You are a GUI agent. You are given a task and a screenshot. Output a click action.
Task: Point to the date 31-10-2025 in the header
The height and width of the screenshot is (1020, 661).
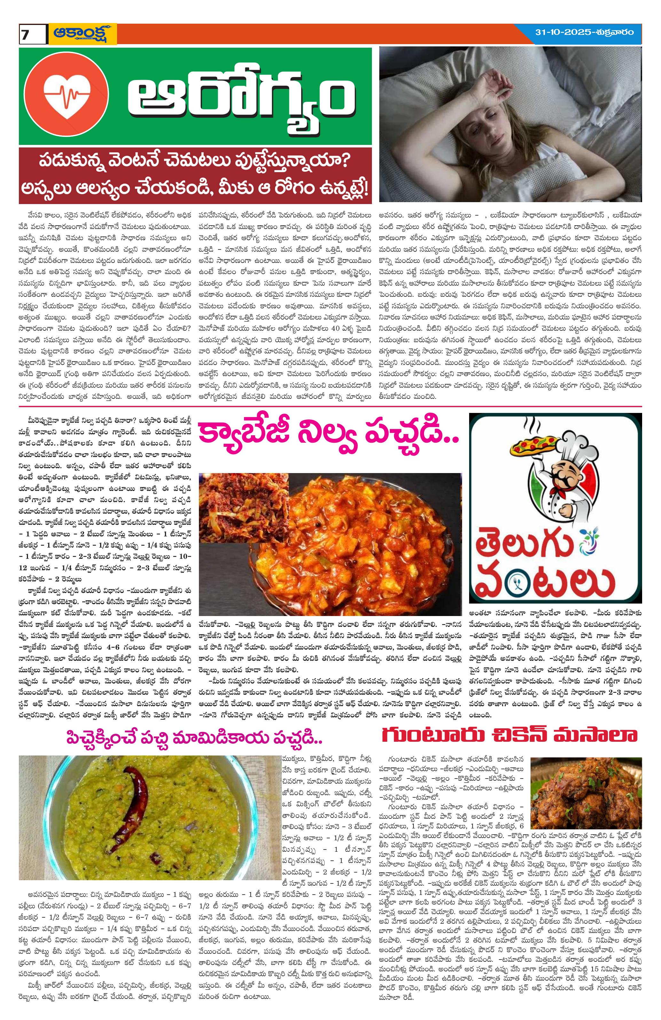561,32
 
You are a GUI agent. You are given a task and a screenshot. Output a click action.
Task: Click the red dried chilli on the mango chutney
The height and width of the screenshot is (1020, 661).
124,806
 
